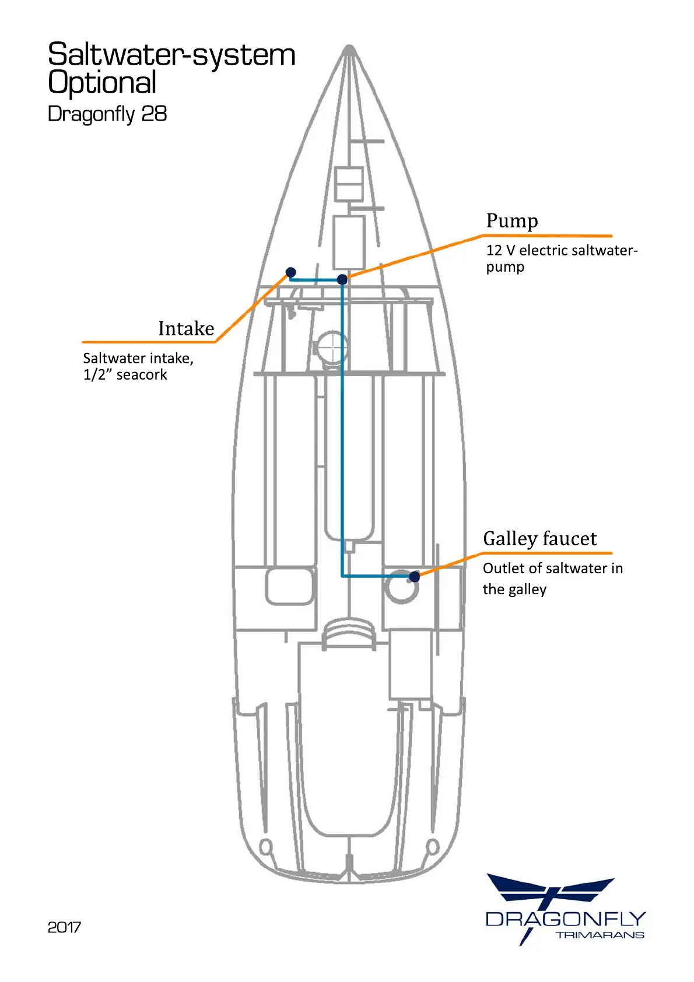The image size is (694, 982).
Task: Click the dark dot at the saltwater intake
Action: click(x=290, y=272)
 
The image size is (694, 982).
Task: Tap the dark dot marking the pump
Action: click(x=342, y=279)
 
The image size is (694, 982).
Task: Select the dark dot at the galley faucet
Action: click(x=414, y=577)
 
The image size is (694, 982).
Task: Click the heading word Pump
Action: click(x=512, y=221)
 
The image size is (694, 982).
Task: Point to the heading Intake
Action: click(x=186, y=329)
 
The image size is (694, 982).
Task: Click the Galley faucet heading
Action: click(x=539, y=539)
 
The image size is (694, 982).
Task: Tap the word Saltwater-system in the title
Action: click(x=171, y=55)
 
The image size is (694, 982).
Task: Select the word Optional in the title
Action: click(x=102, y=83)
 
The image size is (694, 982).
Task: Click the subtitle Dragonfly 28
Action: click(x=107, y=114)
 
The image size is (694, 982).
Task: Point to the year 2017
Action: click(x=64, y=927)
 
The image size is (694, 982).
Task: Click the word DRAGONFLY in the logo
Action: click(x=566, y=920)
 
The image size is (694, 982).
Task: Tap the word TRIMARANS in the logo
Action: click(x=600, y=935)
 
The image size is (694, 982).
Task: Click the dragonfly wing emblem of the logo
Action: click(x=551, y=890)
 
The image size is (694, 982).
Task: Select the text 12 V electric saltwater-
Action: click(x=562, y=250)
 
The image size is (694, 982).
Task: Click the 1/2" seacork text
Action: click(x=125, y=374)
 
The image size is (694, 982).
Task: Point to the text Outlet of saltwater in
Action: click(x=552, y=568)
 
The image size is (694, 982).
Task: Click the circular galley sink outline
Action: click(x=401, y=587)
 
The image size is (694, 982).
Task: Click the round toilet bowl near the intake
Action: click(x=331, y=348)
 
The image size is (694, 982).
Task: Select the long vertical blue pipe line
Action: click(x=342, y=426)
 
